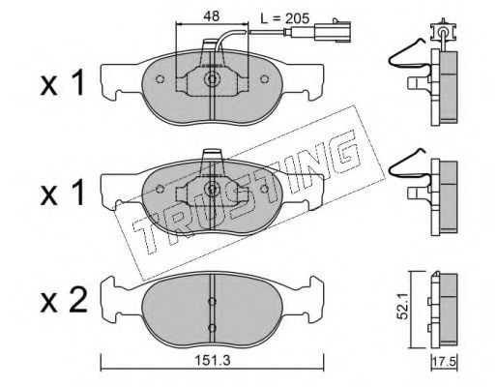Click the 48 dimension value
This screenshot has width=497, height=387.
click(x=212, y=15)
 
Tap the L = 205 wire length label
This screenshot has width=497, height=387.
click(x=285, y=18)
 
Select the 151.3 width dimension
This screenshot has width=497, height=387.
click(x=214, y=360)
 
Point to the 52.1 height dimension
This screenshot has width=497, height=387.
click(x=402, y=309)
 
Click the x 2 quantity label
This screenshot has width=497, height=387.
click(x=64, y=301)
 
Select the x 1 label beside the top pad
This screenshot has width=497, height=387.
click(x=63, y=84)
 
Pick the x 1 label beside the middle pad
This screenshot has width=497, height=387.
click(x=63, y=193)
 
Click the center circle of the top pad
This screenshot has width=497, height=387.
click(x=212, y=79)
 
